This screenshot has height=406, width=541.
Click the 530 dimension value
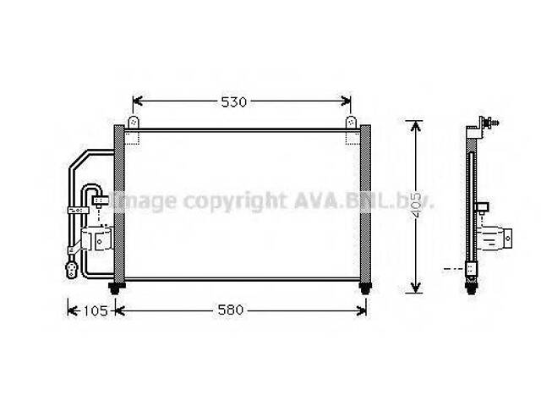tap(234, 102)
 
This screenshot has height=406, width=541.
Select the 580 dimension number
tap(229, 310)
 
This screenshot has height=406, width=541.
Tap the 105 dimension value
tap(94, 310)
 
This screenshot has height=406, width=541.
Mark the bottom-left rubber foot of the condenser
tap(120, 289)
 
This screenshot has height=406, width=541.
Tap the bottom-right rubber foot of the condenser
tap(364, 289)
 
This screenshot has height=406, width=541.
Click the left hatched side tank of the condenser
tap(119, 205)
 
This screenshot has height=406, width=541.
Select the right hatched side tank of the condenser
tap(365, 205)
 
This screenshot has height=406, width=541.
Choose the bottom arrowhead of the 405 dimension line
tap(414, 287)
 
